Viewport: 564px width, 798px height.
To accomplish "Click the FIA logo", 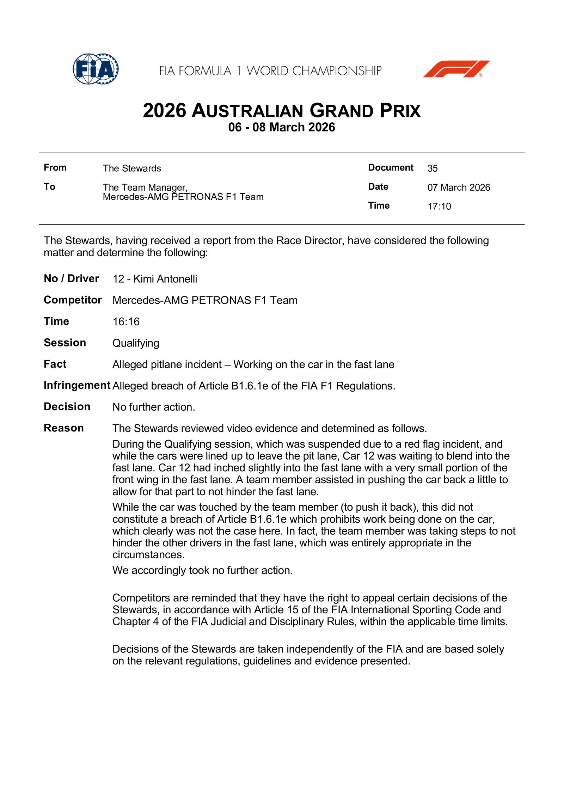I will (x=96, y=69).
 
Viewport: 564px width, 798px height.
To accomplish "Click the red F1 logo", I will (x=456, y=69).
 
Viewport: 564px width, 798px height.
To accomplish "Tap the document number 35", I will (x=433, y=168).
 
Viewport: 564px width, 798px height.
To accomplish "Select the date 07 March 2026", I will (x=459, y=188).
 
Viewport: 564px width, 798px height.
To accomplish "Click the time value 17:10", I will (x=439, y=207).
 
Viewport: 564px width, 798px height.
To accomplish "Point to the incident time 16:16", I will (x=126, y=322).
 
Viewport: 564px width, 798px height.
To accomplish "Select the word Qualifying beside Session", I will (x=136, y=343).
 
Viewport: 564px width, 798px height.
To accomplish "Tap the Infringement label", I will (x=77, y=386).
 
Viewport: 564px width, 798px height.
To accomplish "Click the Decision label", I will (x=67, y=407).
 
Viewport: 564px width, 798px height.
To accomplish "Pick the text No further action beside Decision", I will (x=153, y=407).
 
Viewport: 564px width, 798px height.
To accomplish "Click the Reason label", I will (x=64, y=428).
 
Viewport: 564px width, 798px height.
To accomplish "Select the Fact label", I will (x=55, y=364).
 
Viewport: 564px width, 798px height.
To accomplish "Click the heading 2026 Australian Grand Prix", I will (x=282, y=111).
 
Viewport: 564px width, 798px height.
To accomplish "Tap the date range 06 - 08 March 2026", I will (x=282, y=127).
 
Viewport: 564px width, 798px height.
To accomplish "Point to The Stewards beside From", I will (x=132, y=168).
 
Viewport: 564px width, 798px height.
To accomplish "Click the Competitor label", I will (x=73, y=300).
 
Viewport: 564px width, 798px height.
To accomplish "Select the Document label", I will (x=391, y=168).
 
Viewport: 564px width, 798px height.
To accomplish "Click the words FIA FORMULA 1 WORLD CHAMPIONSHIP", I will (x=270, y=71).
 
